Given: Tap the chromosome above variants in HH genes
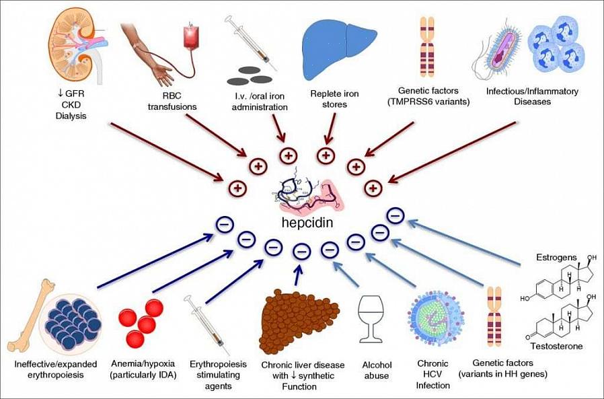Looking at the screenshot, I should pos(494,316).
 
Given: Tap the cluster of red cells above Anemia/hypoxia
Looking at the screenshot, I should pos(141,322).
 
